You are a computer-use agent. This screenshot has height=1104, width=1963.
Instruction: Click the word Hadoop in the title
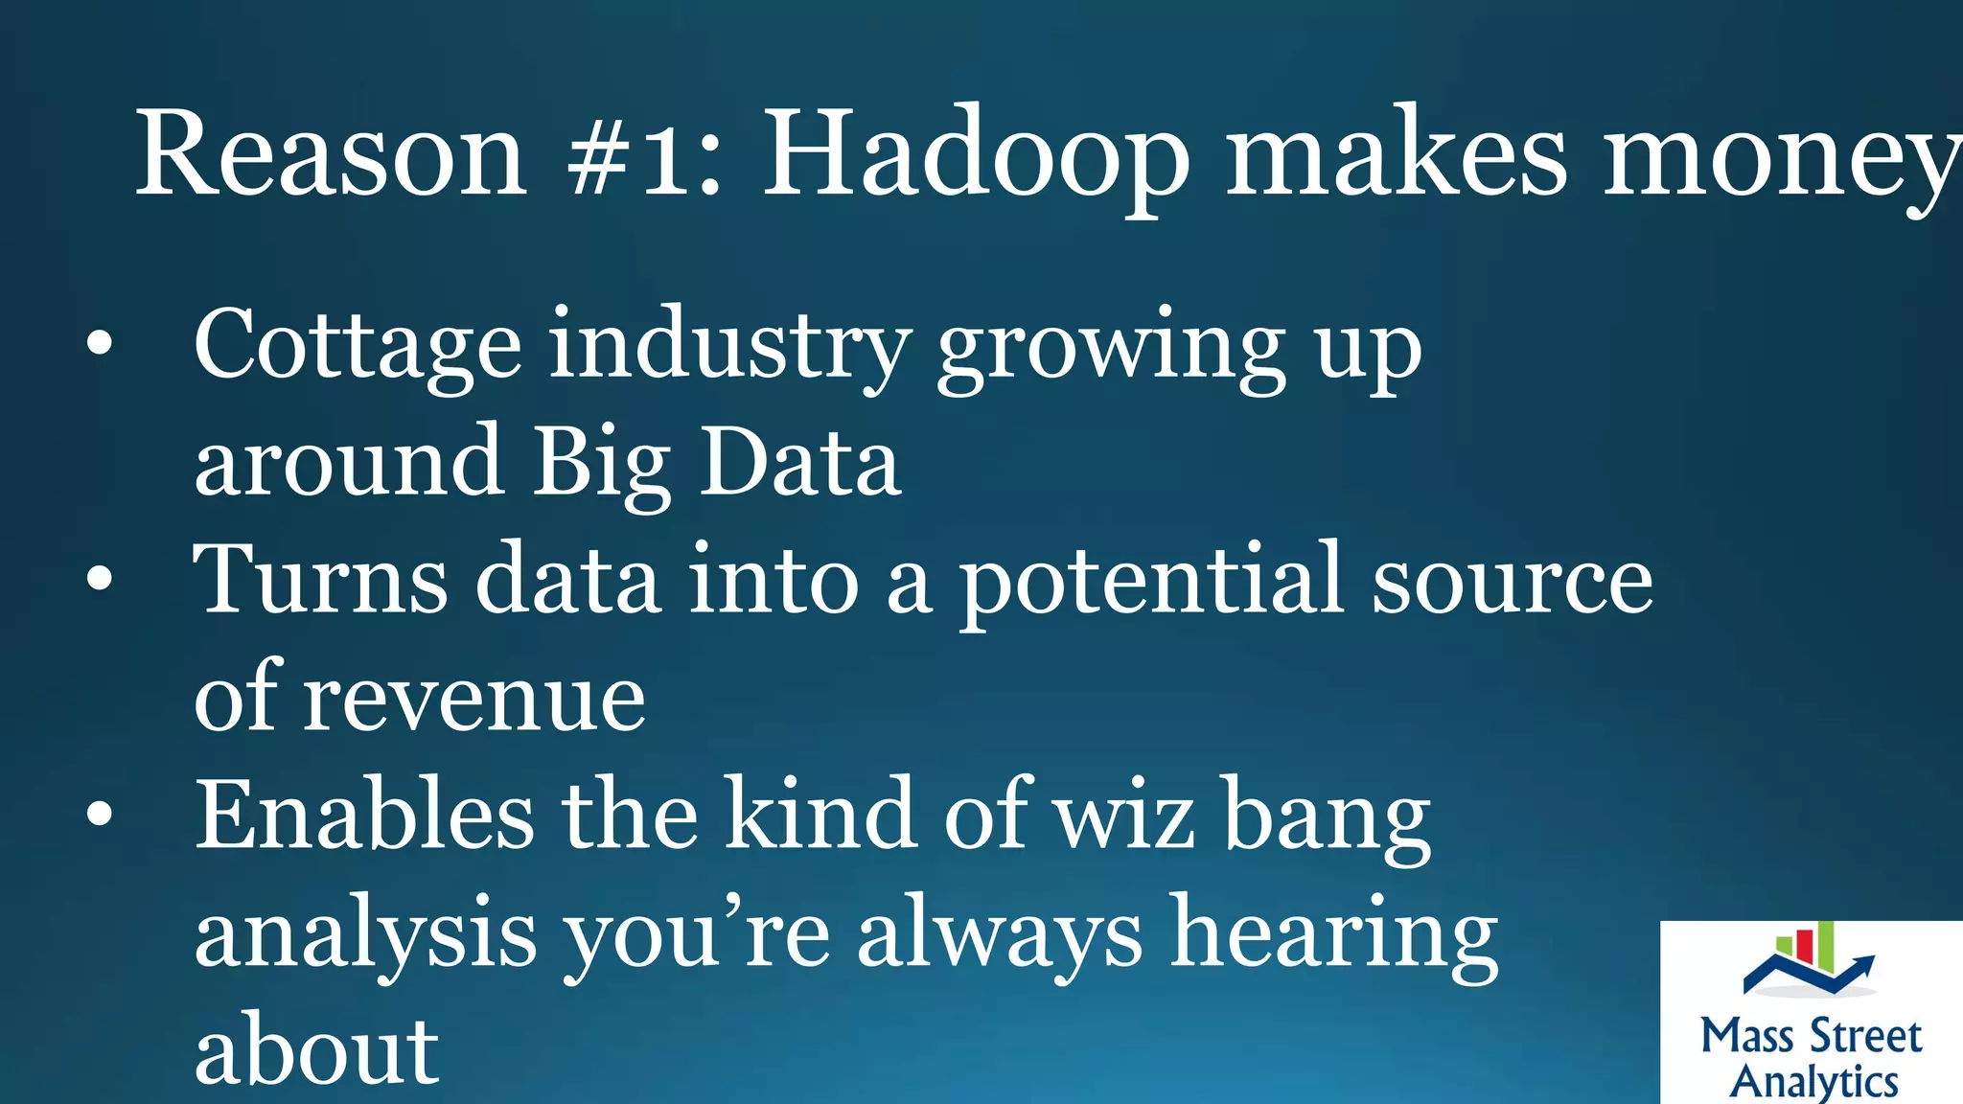pyautogui.click(x=976, y=155)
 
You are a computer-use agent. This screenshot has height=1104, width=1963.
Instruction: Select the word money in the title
pyautogui.click(x=1783, y=158)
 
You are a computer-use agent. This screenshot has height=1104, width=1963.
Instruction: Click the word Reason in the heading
pyautogui.click(x=331, y=155)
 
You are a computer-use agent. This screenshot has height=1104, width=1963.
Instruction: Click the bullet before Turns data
pyautogui.click(x=99, y=579)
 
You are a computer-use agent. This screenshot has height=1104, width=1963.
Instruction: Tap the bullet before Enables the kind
pyautogui.click(x=99, y=814)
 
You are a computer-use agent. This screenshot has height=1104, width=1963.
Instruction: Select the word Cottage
pyautogui.click(x=358, y=347)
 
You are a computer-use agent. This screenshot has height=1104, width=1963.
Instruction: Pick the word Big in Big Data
pyautogui.click(x=602, y=464)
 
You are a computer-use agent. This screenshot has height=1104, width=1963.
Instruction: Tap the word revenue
pyautogui.click(x=474, y=700)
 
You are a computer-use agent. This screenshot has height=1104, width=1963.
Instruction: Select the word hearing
pyautogui.click(x=1335, y=935)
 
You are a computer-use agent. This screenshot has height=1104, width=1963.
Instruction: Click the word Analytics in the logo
pyautogui.click(x=1813, y=1081)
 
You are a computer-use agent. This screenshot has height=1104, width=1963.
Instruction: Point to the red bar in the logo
pyautogui.click(x=1803, y=945)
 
